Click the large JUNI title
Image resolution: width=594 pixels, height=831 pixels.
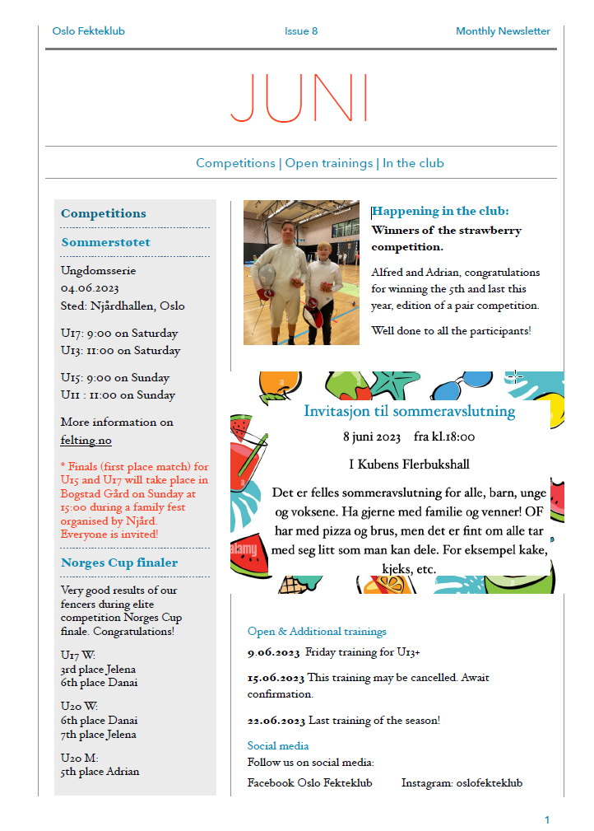(x=299, y=99)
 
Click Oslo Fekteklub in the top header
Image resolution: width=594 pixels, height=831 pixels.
(x=88, y=31)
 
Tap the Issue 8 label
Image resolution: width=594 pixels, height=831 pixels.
(x=301, y=31)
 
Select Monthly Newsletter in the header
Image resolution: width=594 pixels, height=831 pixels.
(x=503, y=31)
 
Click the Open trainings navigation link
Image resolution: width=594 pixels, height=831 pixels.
(x=328, y=163)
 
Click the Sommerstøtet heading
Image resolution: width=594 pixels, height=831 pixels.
(x=105, y=242)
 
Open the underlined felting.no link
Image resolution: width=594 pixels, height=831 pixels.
(x=86, y=441)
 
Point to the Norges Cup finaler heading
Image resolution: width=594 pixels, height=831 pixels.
(x=119, y=563)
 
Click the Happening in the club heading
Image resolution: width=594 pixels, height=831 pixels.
(x=440, y=212)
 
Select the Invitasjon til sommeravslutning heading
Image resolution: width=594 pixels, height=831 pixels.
(x=409, y=411)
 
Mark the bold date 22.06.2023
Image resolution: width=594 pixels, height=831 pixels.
(x=276, y=721)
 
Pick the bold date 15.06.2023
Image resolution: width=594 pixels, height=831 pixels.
(x=276, y=678)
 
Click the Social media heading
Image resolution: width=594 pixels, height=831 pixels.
(x=278, y=746)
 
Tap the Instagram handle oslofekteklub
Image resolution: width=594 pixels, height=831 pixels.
(x=489, y=783)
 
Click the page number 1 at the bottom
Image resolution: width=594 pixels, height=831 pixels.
(x=546, y=819)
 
